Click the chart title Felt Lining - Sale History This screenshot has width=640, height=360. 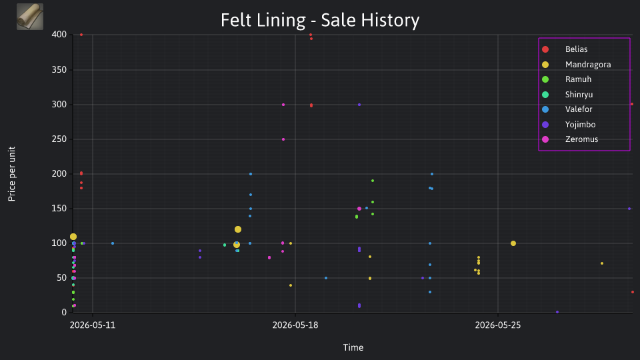320,20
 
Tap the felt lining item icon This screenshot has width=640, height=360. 30,17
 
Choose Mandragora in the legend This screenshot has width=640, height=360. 576,65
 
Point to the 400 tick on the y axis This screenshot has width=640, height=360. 59,35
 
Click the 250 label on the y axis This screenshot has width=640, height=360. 59,139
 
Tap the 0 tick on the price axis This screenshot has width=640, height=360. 64,312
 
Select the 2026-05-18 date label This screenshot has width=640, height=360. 295,325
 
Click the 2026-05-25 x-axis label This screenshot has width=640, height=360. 498,325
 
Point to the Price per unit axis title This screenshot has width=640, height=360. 12,174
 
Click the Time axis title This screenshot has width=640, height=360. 353,347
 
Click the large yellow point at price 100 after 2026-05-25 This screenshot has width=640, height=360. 513,243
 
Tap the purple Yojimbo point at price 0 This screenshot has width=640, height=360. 557,312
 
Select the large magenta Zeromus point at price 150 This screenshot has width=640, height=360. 359,209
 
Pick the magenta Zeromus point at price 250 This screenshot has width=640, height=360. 283,139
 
